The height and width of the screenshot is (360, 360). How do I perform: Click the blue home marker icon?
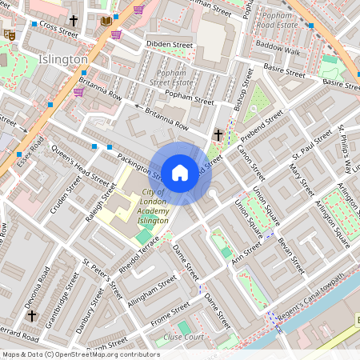(180, 173)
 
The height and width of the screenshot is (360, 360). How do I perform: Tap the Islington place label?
(62, 60)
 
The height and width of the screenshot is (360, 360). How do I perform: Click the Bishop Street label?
(245, 89)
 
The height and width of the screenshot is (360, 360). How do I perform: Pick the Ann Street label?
(246, 251)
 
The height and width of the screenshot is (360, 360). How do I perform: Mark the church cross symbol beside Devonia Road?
(31, 316)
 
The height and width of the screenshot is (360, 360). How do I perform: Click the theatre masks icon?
(9, 34)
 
